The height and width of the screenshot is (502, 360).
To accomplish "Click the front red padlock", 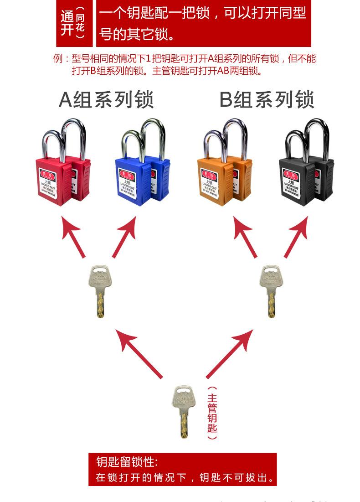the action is (x=52, y=180).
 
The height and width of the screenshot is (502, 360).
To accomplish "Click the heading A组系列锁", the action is (x=106, y=100).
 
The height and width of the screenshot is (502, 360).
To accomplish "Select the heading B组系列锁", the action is (x=267, y=100).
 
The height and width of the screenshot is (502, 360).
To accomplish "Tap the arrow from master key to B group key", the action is (x=230, y=353).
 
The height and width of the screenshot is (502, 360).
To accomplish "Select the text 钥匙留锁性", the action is (x=127, y=461).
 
